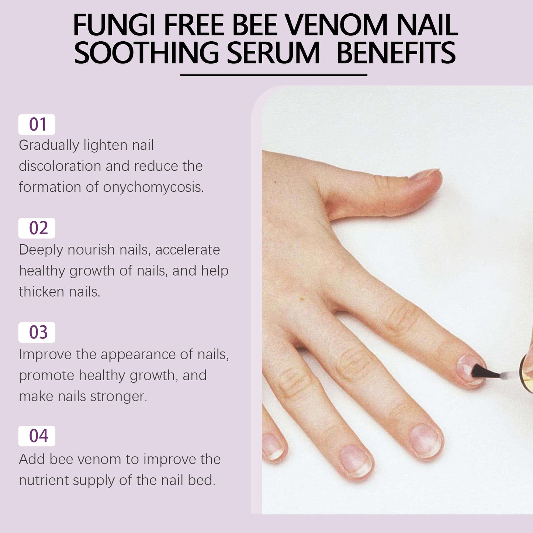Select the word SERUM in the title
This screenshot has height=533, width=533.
pos(273,53)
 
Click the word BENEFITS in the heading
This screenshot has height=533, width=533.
pos(396,53)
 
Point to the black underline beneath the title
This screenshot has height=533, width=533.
pos(274,75)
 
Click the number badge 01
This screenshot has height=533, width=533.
pos(37,125)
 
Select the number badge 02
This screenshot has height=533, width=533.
pos(37,228)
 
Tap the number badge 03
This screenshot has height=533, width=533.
pos(37,332)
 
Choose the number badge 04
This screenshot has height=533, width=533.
pos(37,436)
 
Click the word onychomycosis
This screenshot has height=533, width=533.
pos(153,187)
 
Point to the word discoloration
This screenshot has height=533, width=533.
pos(60,166)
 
